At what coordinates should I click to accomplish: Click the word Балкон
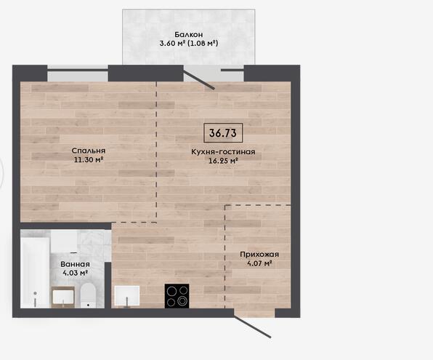coord(189,35)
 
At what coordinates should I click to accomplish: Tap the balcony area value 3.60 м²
coord(172,44)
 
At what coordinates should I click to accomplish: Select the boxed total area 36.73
coord(223,133)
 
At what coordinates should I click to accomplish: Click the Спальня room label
coord(89,151)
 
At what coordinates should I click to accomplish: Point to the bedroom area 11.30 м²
coord(89,159)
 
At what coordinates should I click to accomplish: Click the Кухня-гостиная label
coord(223,152)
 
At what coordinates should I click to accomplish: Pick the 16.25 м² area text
coord(223,161)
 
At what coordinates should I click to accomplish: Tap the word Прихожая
coord(259,255)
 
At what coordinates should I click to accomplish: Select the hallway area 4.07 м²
coord(259,263)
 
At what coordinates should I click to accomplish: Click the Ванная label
coord(75,264)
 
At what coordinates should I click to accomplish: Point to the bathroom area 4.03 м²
coord(75,273)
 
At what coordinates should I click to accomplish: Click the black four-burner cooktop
coord(177,296)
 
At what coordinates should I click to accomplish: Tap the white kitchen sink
coord(127,296)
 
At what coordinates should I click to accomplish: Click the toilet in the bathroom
coord(88,295)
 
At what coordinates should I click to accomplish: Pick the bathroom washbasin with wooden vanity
coord(63,297)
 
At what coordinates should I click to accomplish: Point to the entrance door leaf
coord(252,327)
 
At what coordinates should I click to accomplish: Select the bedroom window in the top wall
coord(78,73)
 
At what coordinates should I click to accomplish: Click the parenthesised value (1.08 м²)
coord(203,44)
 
